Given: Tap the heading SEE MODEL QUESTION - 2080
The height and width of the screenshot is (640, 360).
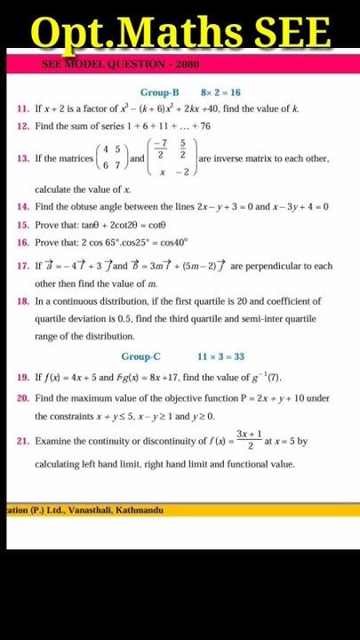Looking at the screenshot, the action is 120,64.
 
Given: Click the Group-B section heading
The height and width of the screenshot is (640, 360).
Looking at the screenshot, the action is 159,92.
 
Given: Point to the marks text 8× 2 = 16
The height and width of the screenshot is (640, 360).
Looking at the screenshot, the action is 220,92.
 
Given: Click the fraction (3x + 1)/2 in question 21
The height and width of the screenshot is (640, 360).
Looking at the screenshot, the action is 249,440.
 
